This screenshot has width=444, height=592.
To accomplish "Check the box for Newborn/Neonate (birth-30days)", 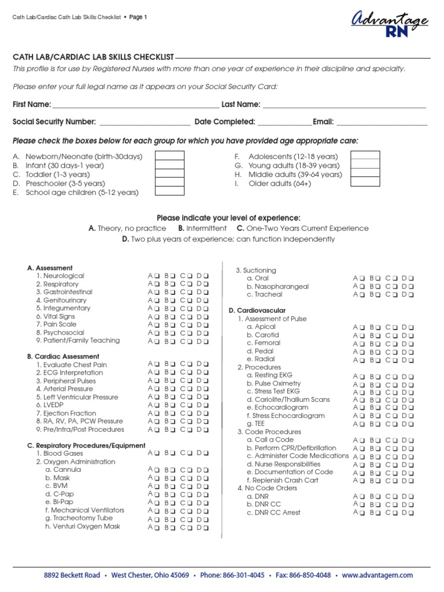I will tap(170, 156).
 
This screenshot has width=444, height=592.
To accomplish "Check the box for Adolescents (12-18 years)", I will tap(365, 156).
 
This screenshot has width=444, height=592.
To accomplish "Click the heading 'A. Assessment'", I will tap(50, 268).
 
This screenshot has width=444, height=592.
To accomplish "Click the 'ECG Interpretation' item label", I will tap(69, 373).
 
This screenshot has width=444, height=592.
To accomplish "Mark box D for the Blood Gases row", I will tap(205, 454).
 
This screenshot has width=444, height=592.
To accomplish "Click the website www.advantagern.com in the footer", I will tap(378, 575).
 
